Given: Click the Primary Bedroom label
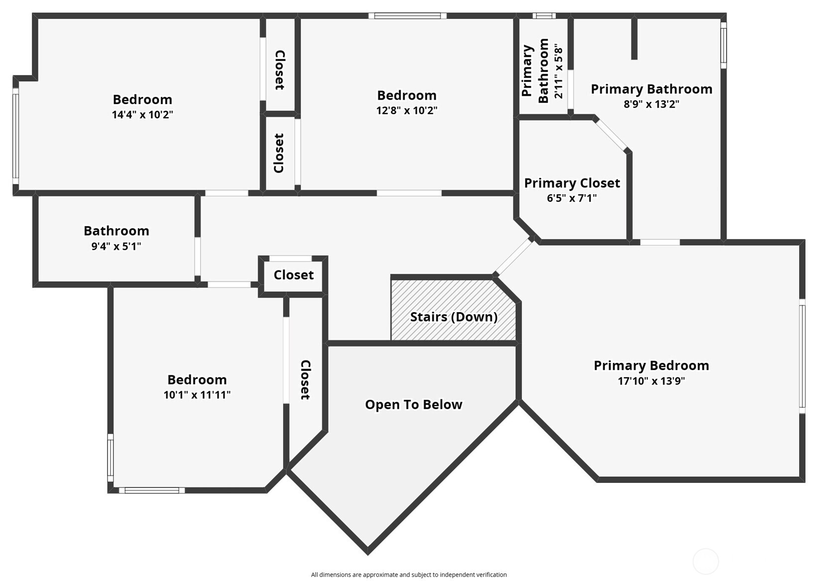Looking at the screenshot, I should pos(651,366).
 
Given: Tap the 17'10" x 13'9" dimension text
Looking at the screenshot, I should pos(651,381).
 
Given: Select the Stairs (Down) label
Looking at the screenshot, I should pos(453,317).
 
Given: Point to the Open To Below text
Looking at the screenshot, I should pos(413,405).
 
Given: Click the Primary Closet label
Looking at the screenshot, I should pos(572,183).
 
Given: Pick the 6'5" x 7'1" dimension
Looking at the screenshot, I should pos(572,198).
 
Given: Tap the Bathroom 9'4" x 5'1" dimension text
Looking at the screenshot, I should pos(116,246).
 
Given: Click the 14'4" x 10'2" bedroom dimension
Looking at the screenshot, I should pos(142,115).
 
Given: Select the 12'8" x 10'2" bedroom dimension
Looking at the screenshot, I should pos(407,111).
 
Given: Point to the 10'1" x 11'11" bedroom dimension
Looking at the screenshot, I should pos(197,395).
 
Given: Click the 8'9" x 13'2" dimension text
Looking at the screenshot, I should pos(651,105).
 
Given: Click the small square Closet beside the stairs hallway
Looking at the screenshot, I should pos(294,275).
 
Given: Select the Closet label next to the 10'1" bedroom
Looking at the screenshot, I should pos(305,380).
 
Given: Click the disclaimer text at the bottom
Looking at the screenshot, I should pos(409,575).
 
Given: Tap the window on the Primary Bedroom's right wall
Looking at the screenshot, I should pos(802,356).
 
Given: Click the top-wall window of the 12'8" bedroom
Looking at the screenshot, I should pos(407,16).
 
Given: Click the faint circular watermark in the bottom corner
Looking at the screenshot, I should pos(706,562).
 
